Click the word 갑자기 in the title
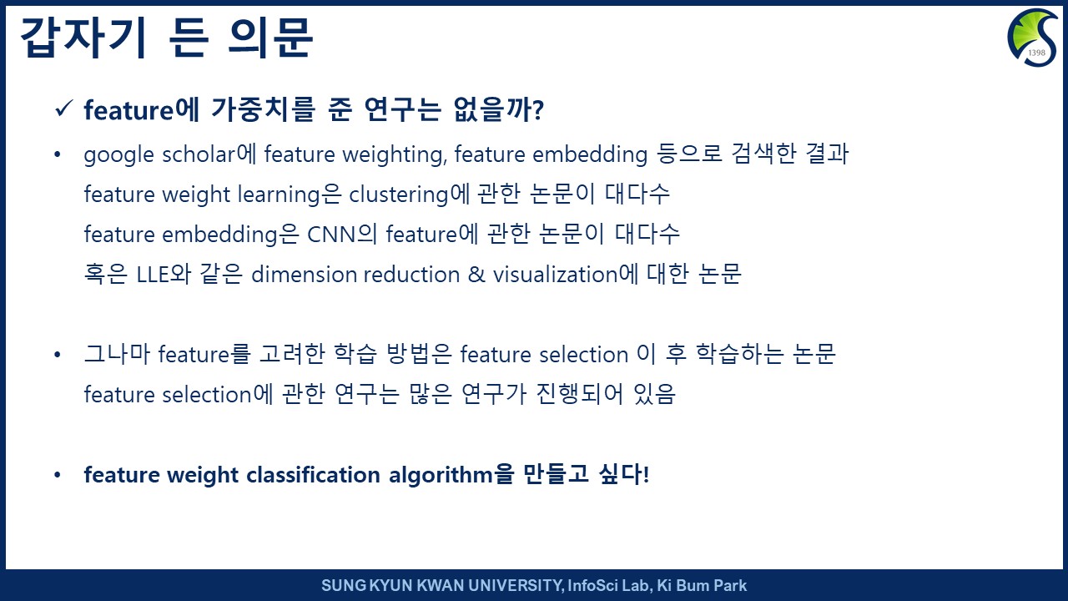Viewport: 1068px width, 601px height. [x=83, y=38]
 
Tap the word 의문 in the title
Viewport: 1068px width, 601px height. [x=270, y=38]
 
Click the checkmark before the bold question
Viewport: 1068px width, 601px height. [x=63, y=109]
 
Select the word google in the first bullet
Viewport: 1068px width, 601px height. [x=119, y=155]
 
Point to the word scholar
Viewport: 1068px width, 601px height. [x=199, y=154]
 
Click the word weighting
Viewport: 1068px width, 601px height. [x=395, y=155]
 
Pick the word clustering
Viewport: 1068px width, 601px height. [x=399, y=195]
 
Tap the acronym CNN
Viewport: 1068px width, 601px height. [x=331, y=235]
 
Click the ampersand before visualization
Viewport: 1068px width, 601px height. [x=476, y=275]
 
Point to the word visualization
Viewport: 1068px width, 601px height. [x=556, y=275]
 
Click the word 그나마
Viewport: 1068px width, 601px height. [x=117, y=354]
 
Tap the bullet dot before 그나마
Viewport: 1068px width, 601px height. [x=58, y=355]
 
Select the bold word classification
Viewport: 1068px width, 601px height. [x=313, y=475]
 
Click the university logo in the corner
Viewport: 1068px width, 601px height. [x=1033, y=38]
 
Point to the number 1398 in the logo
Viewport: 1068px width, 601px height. [x=1037, y=53]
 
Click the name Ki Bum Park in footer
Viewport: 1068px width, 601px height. [x=702, y=585]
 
